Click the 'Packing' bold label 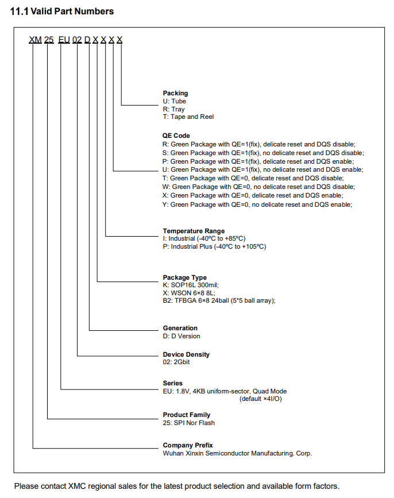[x=175, y=93]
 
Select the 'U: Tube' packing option [x=175, y=101]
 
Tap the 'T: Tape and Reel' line [x=188, y=117]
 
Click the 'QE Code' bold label [x=176, y=136]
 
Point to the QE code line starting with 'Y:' [x=257, y=204]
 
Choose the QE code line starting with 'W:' [x=258, y=187]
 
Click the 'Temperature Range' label [x=194, y=231]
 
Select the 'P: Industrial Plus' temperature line [x=214, y=246]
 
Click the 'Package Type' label [x=184, y=277]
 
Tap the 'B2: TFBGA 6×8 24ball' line [x=219, y=300]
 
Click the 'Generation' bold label [x=180, y=328]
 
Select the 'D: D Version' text [x=181, y=336]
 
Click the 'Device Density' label [x=186, y=354]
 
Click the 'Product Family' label [x=187, y=415]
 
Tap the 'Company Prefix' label [x=188, y=445]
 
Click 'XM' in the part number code [x=36, y=40]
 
